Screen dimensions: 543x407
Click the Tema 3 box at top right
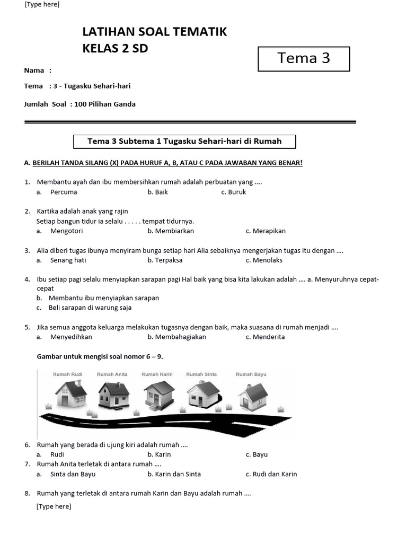(304, 58)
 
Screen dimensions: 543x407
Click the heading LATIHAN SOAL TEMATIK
(154, 32)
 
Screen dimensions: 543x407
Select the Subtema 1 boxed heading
(184, 141)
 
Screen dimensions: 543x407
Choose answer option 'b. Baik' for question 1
(157, 192)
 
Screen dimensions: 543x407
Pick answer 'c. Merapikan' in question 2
(266, 231)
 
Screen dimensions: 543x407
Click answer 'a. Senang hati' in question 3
(61, 260)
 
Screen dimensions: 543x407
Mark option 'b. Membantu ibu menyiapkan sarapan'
(98, 298)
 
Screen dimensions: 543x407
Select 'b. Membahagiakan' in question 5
(176, 337)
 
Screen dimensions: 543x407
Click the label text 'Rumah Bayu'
(251, 374)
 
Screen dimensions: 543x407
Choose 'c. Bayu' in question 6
(256, 454)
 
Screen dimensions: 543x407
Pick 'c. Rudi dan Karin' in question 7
(271, 474)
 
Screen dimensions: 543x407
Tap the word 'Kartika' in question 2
(48, 211)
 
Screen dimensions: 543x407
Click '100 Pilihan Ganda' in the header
(105, 104)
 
